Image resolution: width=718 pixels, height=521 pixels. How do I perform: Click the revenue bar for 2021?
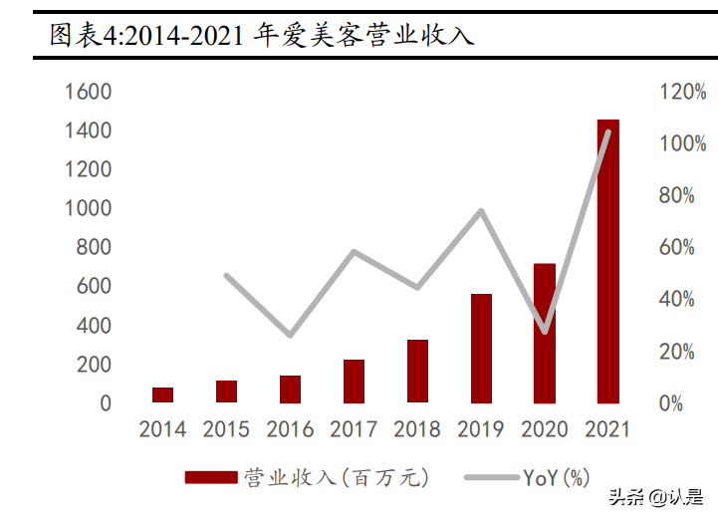(x=607, y=262)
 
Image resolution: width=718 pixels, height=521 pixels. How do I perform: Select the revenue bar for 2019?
(x=481, y=349)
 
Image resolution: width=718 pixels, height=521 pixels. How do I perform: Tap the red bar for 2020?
(x=544, y=334)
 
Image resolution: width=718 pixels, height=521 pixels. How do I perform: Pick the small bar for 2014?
(x=163, y=395)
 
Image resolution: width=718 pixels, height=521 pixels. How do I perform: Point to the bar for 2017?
(x=354, y=382)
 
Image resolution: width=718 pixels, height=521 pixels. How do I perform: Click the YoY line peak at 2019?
(x=481, y=211)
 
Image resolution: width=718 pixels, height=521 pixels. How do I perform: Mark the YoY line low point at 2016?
(x=290, y=335)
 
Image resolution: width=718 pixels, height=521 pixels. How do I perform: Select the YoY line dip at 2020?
(x=544, y=331)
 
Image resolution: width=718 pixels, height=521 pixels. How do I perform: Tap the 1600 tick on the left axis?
(x=88, y=92)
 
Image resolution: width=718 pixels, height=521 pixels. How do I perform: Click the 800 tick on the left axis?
(x=94, y=248)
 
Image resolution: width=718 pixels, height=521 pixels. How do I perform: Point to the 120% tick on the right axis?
(x=682, y=92)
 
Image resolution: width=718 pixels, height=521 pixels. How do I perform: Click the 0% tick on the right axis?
(x=670, y=403)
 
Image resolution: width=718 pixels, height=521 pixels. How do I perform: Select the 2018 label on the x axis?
(x=417, y=430)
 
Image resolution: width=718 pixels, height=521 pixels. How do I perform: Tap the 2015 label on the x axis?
(x=226, y=430)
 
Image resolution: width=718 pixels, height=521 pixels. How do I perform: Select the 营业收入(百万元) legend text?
(x=336, y=479)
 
